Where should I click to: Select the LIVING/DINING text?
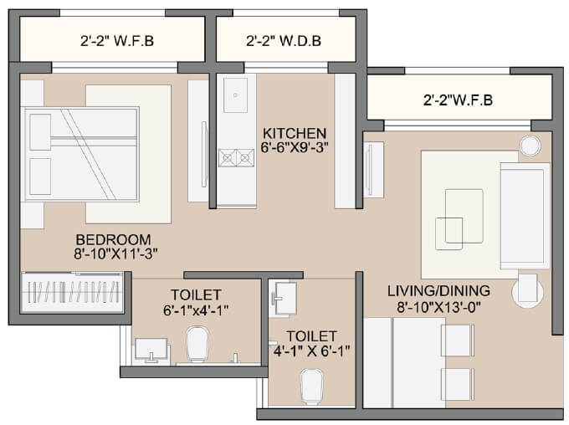[x=438, y=291]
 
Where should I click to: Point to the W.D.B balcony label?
[x=284, y=40]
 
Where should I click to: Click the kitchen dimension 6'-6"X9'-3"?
[x=294, y=149]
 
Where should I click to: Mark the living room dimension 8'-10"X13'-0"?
[x=438, y=306]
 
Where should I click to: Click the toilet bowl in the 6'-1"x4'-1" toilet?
[x=197, y=343]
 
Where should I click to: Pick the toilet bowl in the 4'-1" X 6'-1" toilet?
[x=310, y=387]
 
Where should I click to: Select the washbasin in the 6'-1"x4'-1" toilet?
[x=151, y=349]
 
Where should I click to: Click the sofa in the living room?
[x=524, y=204]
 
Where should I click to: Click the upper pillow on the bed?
[x=40, y=131]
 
